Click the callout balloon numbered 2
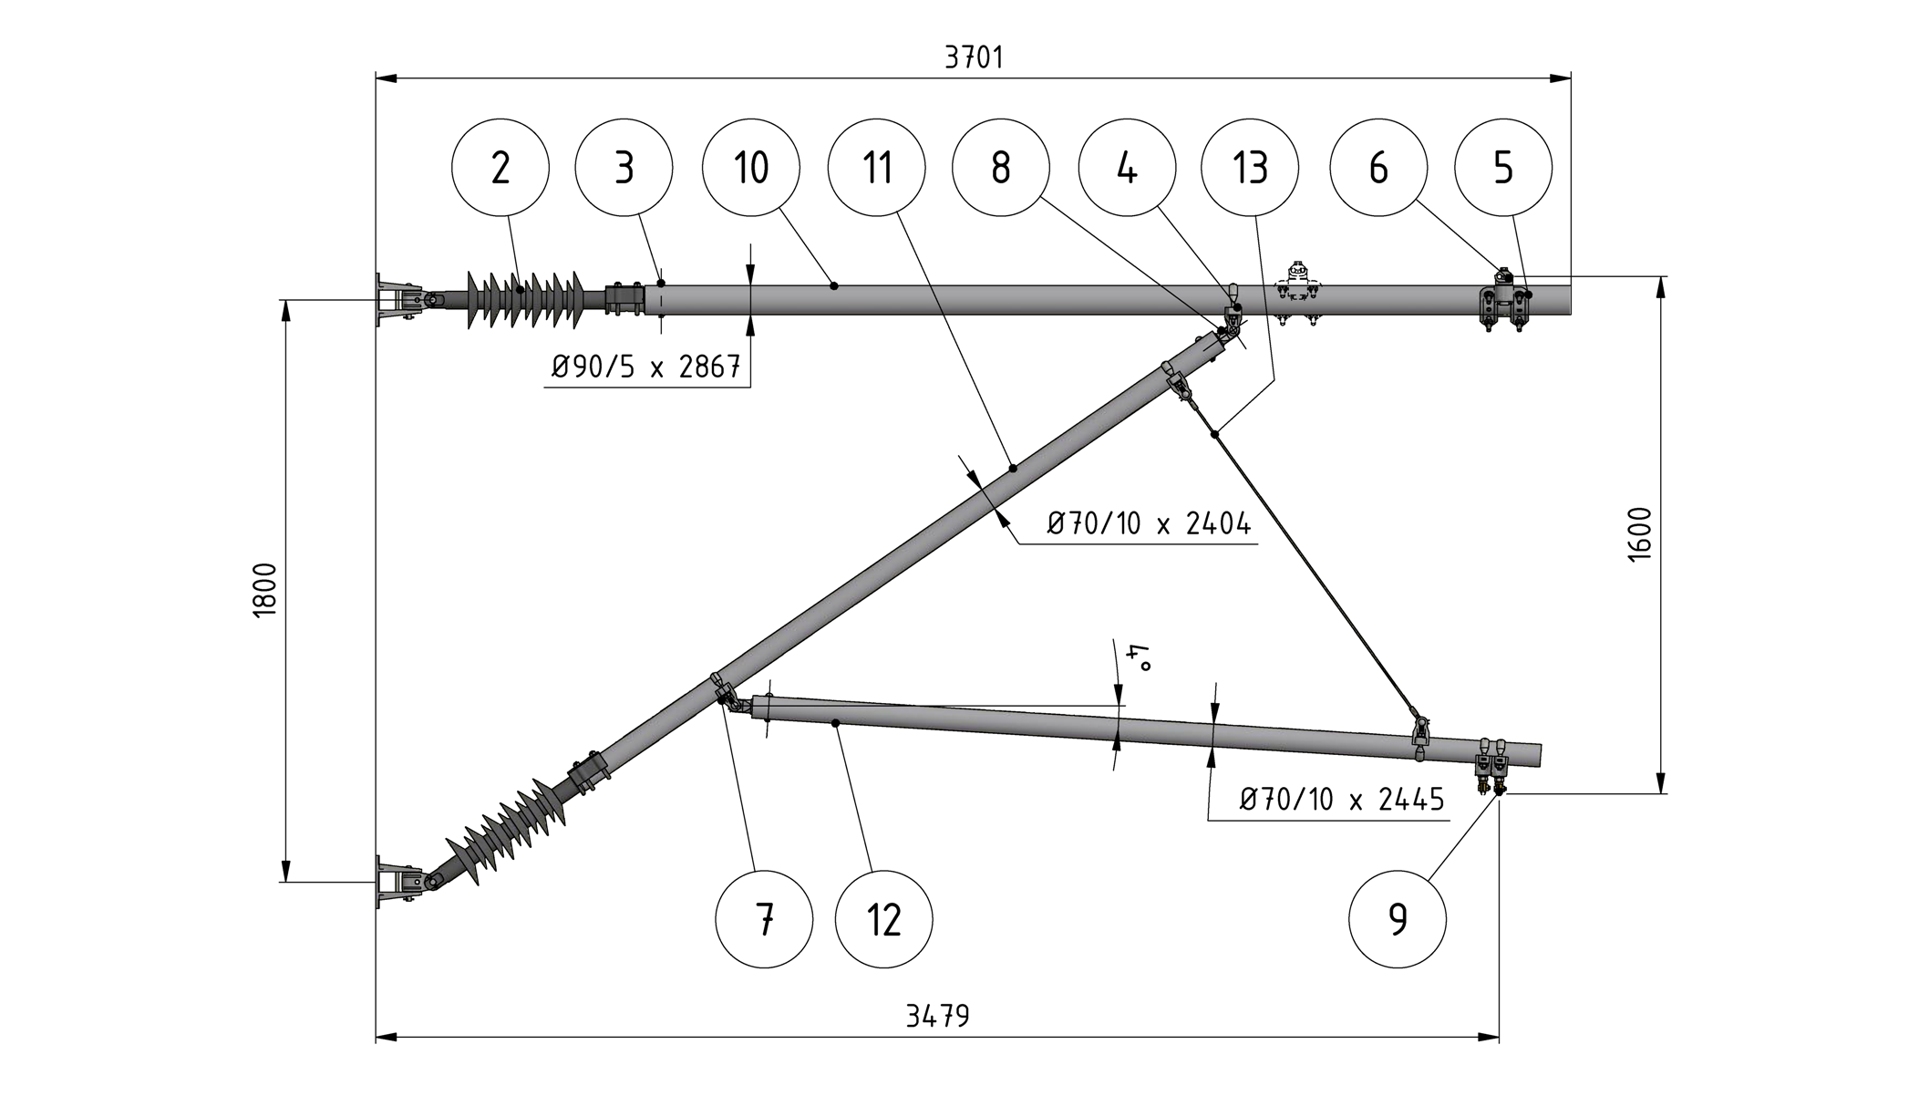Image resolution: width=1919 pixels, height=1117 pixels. [500, 168]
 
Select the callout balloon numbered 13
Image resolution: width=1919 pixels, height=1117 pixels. [1250, 168]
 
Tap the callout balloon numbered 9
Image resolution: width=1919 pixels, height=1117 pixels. [1397, 919]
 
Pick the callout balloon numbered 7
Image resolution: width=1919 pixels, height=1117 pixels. [764, 919]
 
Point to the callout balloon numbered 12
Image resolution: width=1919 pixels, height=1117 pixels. [883, 919]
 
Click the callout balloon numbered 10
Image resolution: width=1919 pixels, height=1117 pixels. [751, 168]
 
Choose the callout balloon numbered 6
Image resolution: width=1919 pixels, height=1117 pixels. [1377, 168]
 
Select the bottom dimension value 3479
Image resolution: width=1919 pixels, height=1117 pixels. [937, 1016]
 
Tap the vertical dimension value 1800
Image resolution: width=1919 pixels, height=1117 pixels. [264, 590]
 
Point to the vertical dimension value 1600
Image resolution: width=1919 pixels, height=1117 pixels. [1638, 534]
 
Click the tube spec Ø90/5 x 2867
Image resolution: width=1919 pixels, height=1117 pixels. [645, 367]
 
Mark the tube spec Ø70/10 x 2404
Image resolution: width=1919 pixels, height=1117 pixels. [1149, 524]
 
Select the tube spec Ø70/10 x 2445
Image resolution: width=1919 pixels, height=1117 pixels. [1342, 800]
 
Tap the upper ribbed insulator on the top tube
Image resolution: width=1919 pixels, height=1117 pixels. [524, 298]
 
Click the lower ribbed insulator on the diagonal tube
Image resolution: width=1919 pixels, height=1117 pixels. [507, 832]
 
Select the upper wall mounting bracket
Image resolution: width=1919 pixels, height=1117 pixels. [395, 299]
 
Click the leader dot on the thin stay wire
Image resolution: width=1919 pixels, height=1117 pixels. [1215, 435]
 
